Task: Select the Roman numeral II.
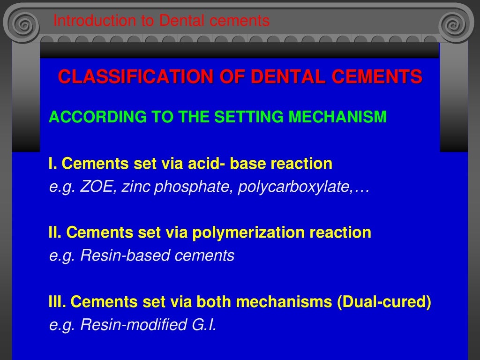click(55, 232)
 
